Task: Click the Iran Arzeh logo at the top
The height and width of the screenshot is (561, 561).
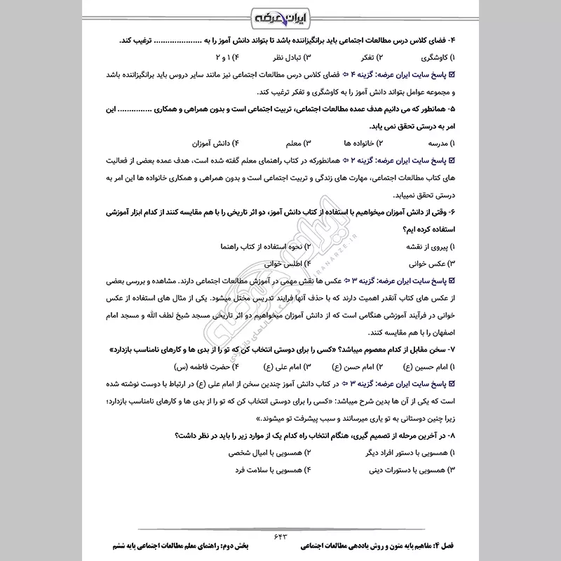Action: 280,16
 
